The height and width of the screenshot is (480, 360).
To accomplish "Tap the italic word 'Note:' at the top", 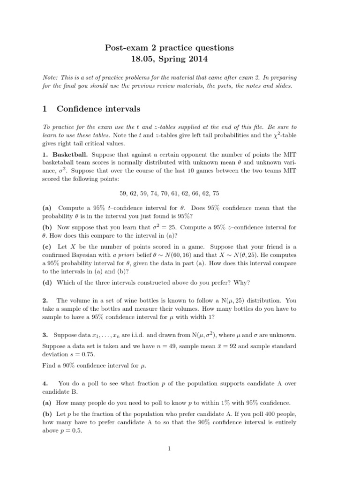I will coord(51,77).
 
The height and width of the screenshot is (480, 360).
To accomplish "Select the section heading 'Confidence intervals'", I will coord(98,109).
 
